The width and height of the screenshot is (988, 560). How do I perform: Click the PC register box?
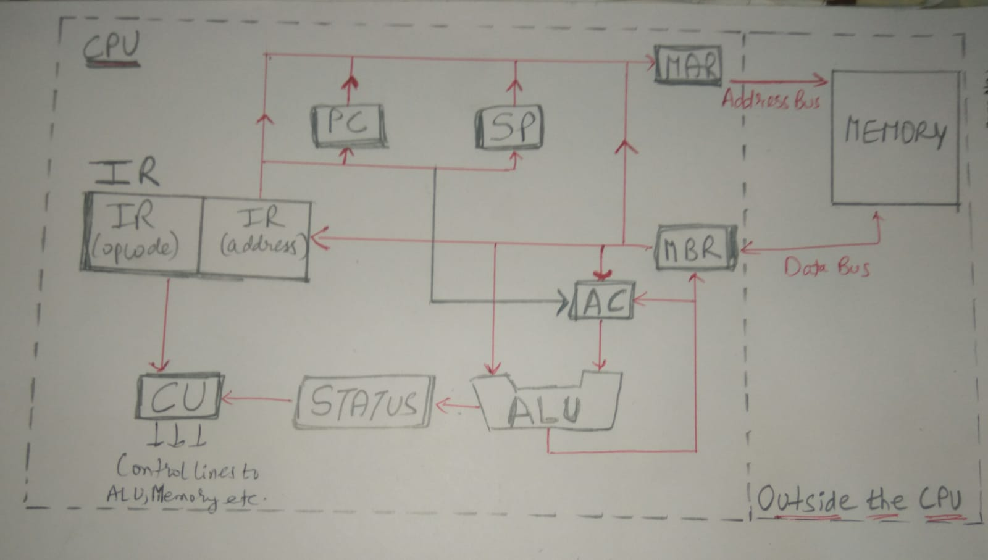347,126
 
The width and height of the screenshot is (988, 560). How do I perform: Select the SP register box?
510,128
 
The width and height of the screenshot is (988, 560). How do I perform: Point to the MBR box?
695,248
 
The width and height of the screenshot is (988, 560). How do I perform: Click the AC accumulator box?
603,301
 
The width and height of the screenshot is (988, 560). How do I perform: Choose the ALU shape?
546,403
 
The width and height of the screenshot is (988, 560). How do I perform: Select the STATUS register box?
364,401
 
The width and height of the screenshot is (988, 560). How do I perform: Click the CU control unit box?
178,396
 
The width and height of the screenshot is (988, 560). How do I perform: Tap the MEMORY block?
895,137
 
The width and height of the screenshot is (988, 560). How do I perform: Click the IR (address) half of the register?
256,235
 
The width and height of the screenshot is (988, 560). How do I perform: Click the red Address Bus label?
771,99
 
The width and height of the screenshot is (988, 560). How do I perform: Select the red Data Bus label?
827,267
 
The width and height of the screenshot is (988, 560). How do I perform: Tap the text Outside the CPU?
860,500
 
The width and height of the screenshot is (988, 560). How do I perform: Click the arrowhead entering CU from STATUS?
226,399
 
